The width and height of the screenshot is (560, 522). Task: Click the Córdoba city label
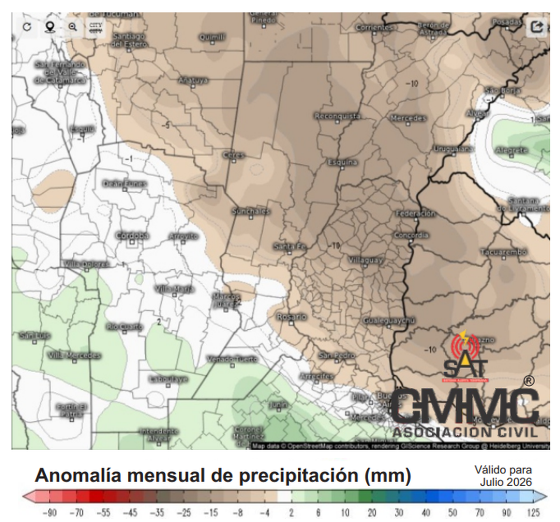(x=132, y=235)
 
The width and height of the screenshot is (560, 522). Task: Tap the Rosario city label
(x=292, y=317)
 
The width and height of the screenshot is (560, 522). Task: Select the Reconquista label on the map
(x=337, y=116)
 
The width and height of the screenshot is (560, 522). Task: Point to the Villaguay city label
(x=366, y=260)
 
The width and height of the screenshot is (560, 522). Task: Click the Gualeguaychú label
(x=389, y=321)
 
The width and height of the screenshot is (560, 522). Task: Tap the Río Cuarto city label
(x=124, y=327)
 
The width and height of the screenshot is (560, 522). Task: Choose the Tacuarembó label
(x=504, y=252)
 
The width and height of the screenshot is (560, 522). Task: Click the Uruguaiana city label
(x=454, y=149)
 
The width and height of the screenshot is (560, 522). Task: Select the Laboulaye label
(x=168, y=379)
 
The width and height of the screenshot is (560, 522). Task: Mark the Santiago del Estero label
(x=129, y=40)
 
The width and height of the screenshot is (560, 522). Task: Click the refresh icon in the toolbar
(x=27, y=27)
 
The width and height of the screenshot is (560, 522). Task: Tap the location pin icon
(x=49, y=27)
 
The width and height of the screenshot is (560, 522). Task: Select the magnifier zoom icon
(x=72, y=27)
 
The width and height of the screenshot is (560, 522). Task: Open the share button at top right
(x=537, y=27)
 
